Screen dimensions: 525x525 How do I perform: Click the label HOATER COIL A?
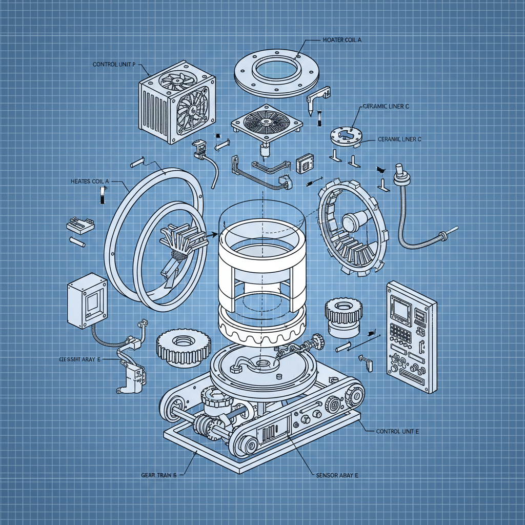point(342,40)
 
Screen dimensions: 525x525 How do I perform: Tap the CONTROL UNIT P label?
point(114,65)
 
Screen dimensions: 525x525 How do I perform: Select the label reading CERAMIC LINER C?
point(387,106)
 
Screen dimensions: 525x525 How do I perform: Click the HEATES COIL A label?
point(90,181)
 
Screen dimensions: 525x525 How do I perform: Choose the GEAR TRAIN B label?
point(158,475)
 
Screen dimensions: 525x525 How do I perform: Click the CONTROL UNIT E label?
point(397,432)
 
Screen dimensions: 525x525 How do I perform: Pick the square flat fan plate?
point(265,123)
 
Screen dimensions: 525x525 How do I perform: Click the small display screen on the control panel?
point(399,308)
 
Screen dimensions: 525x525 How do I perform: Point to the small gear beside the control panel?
point(344,317)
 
